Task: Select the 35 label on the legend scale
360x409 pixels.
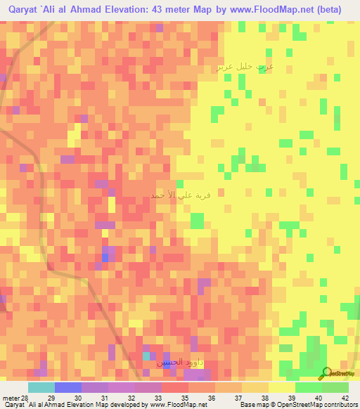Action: point(185,398)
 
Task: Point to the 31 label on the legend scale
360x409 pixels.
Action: point(105,398)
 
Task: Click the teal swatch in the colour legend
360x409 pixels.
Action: point(41,387)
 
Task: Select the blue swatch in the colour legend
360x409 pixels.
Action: point(68,387)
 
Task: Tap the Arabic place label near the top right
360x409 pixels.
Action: point(245,67)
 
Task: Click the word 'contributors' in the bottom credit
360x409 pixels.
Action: point(339,405)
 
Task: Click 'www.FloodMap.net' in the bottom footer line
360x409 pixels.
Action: point(174,405)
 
